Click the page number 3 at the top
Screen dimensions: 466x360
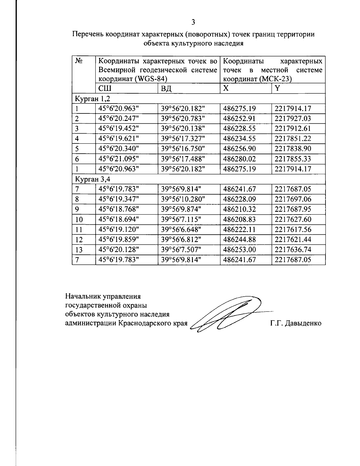(193, 22)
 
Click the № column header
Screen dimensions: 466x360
(79, 61)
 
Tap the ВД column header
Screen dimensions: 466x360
(166, 89)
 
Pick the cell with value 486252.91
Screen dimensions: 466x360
(239, 118)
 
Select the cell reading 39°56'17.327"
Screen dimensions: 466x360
(183, 139)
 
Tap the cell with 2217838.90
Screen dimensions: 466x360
(292, 149)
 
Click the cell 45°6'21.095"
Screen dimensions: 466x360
(119, 159)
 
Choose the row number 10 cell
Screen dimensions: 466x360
(79, 220)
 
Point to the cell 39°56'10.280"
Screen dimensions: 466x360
(183, 199)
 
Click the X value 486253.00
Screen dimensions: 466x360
(239, 250)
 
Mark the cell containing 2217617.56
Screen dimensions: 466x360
(292, 230)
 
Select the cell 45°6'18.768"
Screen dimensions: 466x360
(119, 209)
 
